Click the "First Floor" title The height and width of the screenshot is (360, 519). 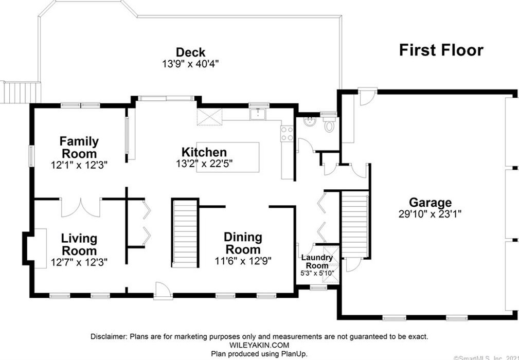(441, 50)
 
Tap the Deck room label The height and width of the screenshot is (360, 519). (190, 52)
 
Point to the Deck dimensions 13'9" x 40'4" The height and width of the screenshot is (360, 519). (190, 64)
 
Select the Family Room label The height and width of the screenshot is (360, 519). (79, 147)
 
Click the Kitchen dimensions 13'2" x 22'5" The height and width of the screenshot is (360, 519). (204, 163)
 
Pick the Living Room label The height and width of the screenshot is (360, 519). (79, 244)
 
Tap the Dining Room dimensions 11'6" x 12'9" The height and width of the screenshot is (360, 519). (243, 261)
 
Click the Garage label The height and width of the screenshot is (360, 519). (430, 202)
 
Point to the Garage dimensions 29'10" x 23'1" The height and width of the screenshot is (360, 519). (430, 214)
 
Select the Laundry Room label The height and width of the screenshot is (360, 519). (317, 261)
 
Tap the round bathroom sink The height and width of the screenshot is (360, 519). (310, 121)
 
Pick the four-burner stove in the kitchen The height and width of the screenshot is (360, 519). (287, 133)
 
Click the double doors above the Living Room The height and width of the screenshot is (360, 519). (81, 208)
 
